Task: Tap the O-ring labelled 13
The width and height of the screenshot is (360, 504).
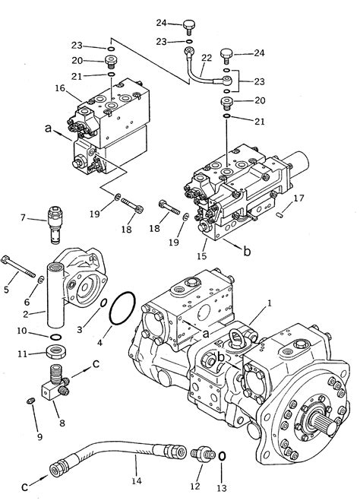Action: pos(222,457)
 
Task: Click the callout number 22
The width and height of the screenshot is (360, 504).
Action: pos(205,57)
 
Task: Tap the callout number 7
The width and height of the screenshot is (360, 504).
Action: pos(24,219)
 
